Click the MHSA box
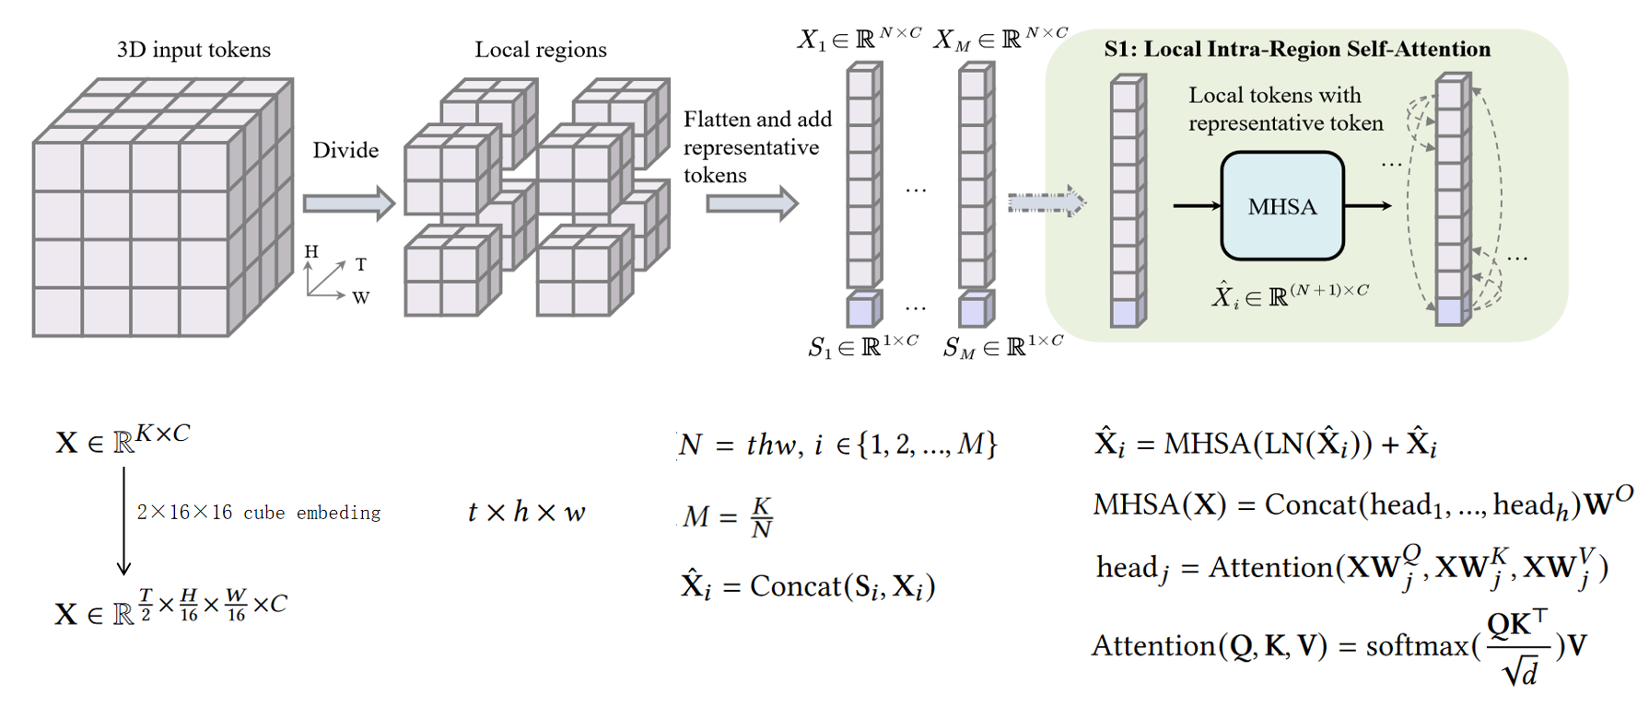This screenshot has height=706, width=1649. [1281, 206]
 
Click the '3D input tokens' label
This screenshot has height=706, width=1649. [193, 50]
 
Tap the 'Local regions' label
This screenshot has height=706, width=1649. [541, 50]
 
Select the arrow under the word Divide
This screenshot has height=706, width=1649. [348, 203]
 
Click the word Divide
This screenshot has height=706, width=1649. [345, 150]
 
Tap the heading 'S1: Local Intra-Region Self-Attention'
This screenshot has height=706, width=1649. [1297, 50]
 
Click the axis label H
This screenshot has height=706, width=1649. [311, 251]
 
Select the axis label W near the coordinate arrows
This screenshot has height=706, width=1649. [361, 297]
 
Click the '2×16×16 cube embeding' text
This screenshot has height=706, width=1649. [259, 513]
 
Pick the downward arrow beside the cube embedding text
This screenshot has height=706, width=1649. [124, 520]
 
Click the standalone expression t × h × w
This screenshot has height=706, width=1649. [526, 512]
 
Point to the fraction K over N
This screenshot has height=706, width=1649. [761, 517]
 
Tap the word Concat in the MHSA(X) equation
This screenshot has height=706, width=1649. [1310, 504]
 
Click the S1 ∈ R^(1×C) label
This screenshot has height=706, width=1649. [863, 347]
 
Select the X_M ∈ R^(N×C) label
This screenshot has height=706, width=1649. [1000, 39]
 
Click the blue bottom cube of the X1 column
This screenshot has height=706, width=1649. [862, 310]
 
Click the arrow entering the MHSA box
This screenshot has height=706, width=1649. [1196, 205]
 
